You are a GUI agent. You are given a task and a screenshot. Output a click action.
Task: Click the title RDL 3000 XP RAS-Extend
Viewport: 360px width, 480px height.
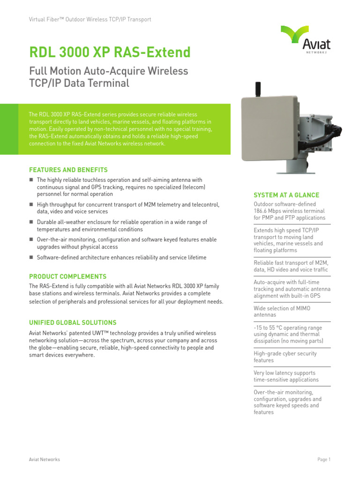pyautogui.click(x=110, y=52)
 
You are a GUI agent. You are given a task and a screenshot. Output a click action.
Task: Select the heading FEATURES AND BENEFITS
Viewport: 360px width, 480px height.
pyautogui.click(x=68, y=170)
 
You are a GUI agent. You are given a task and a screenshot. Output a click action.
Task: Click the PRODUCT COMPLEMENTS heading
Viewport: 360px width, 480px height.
pyautogui.click(x=67, y=277)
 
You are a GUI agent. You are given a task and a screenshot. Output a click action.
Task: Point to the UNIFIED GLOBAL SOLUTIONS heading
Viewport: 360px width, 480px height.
pyautogui.click(x=73, y=322)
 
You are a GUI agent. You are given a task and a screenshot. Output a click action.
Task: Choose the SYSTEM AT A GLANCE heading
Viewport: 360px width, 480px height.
pyautogui.click(x=286, y=195)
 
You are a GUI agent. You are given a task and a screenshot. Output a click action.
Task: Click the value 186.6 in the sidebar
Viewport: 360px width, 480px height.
pyautogui.click(x=262, y=211)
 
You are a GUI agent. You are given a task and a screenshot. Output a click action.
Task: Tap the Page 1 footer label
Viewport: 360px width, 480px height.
pyautogui.click(x=324, y=459)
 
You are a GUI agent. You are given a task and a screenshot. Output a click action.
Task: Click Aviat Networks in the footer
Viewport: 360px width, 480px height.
pyautogui.click(x=45, y=459)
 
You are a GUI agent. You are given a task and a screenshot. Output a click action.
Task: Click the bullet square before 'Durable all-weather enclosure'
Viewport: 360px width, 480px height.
pyautogui.click(x=31, y=222)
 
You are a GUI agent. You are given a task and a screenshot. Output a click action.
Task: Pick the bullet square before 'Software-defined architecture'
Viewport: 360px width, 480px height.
pyautogui.click(x=31, y=257)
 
